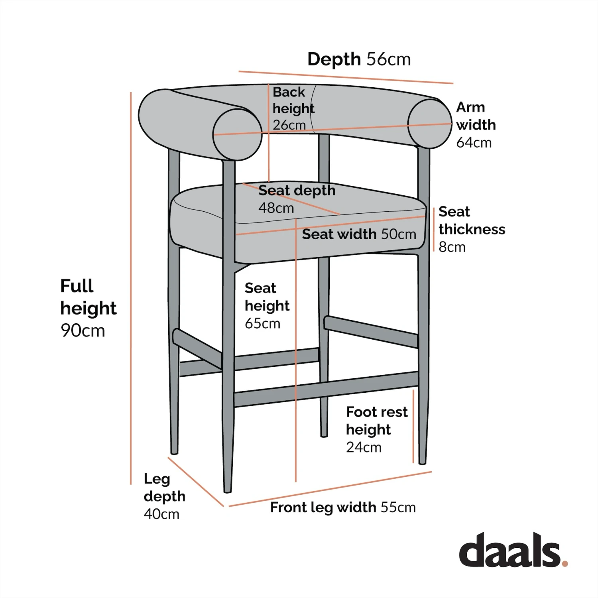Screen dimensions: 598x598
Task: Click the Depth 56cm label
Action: point(359,59)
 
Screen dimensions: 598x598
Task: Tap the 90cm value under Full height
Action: point(83,330)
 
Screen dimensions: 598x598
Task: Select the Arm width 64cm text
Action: point(476,125)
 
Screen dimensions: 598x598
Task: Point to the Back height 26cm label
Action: point(293,108)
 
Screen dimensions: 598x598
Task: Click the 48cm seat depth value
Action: point(276,208)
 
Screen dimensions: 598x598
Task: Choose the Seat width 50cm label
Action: point(359,234)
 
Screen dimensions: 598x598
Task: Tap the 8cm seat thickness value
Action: point(452,247)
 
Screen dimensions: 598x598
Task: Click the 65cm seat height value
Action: point(262,323)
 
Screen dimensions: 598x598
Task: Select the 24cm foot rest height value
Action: point(364,447)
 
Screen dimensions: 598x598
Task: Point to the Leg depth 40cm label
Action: point(164,496)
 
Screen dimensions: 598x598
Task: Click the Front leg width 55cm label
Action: point(343,508)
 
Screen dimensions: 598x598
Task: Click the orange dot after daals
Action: point(565,563)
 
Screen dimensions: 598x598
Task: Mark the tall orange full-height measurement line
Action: point(131,287)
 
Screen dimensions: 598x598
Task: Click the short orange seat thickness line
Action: point(434,230)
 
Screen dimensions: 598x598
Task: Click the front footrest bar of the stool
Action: point(326,389)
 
